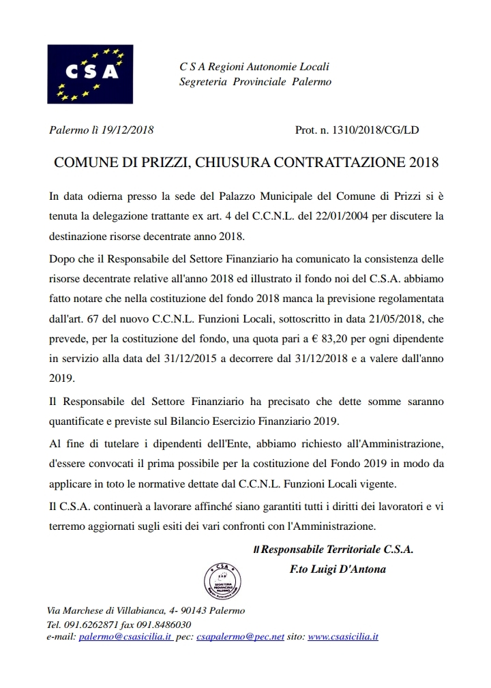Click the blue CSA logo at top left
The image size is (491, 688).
(90, 74)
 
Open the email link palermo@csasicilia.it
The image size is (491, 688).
(125, 636)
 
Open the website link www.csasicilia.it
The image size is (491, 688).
(343, 636)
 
